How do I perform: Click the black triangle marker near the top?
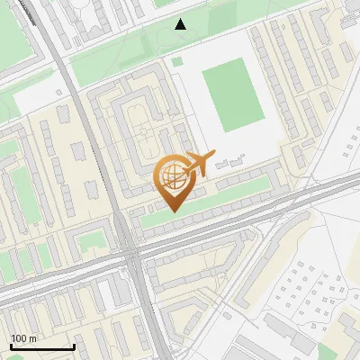181,24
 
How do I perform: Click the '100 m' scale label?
23,338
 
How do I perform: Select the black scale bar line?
42,346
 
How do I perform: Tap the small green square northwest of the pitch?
177,62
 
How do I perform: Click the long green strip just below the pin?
216,203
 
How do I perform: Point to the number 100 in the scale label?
18,338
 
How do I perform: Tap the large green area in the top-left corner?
18,36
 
